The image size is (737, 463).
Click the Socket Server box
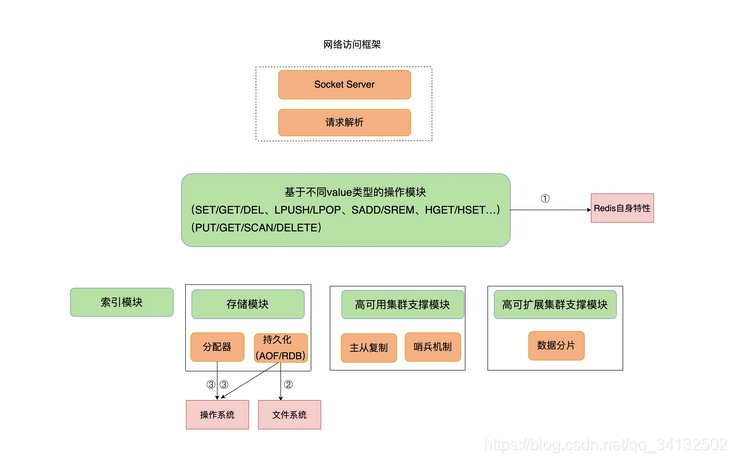[x=344, y=84]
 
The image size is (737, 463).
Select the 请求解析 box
[x=344, y=122]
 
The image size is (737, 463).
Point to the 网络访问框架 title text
[x=344, y=46]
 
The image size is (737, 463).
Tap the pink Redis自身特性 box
[x=622, y=208]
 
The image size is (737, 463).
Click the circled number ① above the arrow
[x=545, y=198]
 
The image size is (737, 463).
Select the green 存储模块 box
[x=247, y=304]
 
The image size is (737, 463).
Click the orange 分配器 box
[x=216, y=347]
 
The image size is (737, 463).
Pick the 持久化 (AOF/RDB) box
[x=280, y=347]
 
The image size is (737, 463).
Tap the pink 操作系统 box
[x=217, y=414]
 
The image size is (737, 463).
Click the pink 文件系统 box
[x=290, y=414]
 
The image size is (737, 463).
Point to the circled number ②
[x=288, y=384]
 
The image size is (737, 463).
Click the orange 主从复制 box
[x=369, y=348]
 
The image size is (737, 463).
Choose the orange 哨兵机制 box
[x=432, y=348]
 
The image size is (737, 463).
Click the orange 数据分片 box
[x=555, y=346]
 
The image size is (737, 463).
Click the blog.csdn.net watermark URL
[x=606, y=444]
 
